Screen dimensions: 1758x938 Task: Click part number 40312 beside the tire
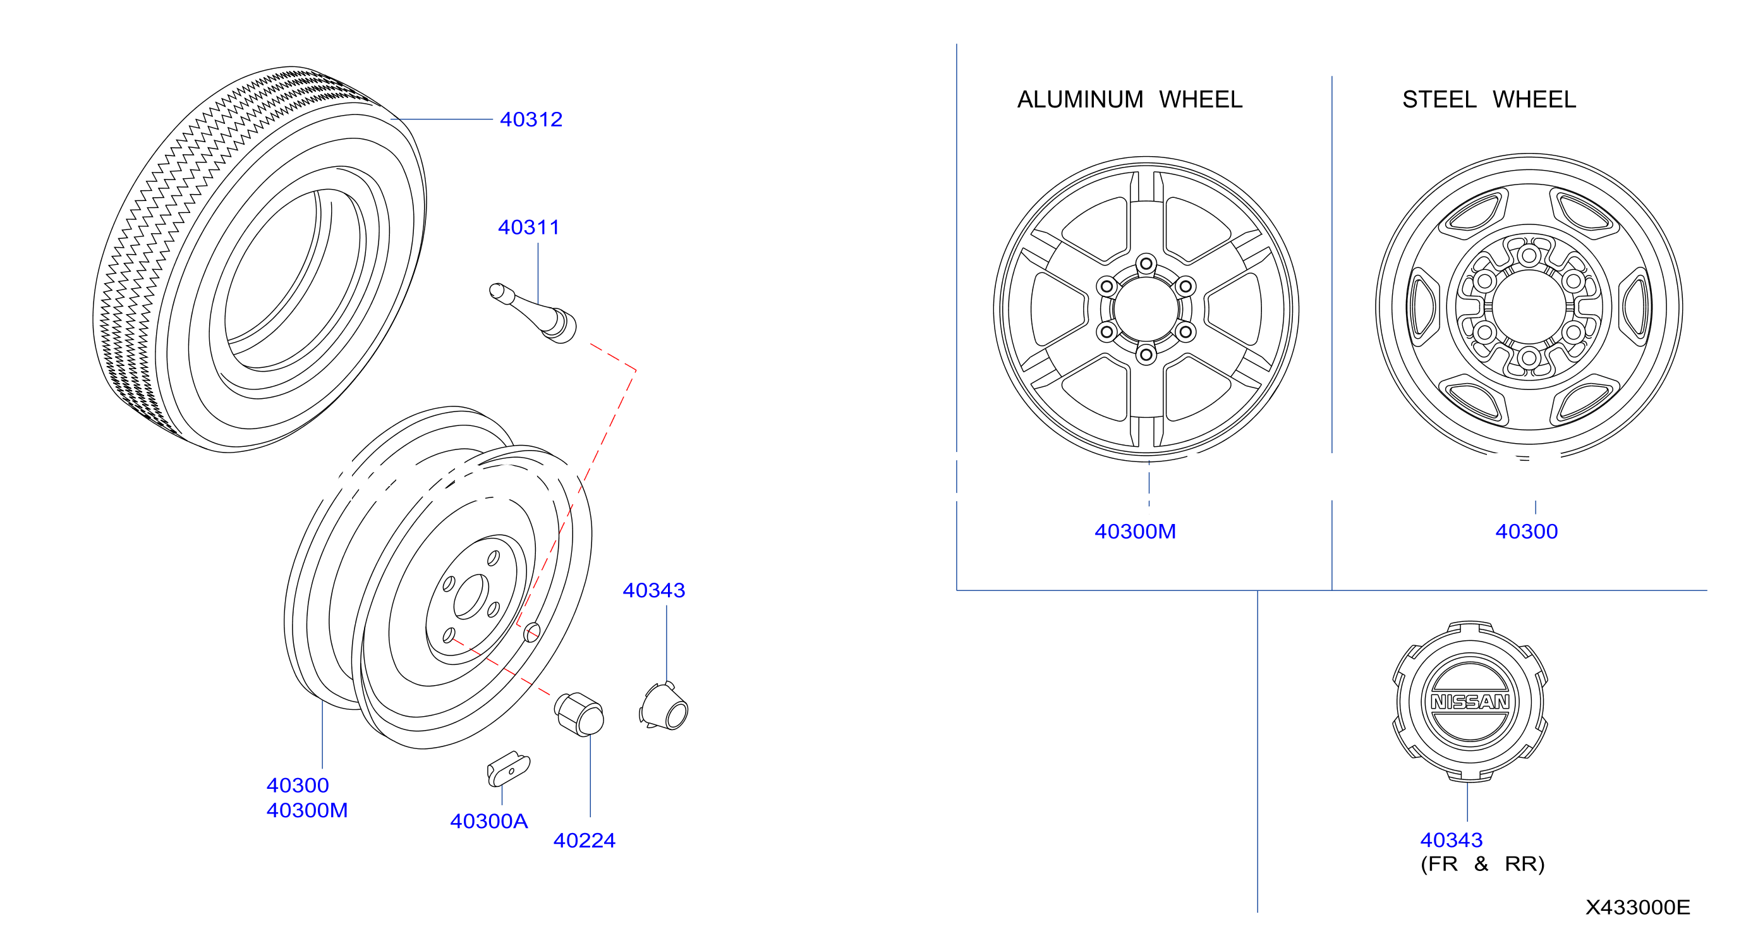coord(531,119)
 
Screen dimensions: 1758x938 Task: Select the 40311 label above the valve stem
coord(528,228)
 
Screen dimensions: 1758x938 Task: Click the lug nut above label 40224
coord(579,714)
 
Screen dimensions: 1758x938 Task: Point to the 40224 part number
coord(584,841)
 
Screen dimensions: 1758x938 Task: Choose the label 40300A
coord(488,821)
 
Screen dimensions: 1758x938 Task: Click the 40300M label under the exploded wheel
coord(307,810)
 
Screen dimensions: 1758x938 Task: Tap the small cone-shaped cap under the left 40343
coord(664,706)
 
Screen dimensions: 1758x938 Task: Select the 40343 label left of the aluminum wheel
coord(654,590)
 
